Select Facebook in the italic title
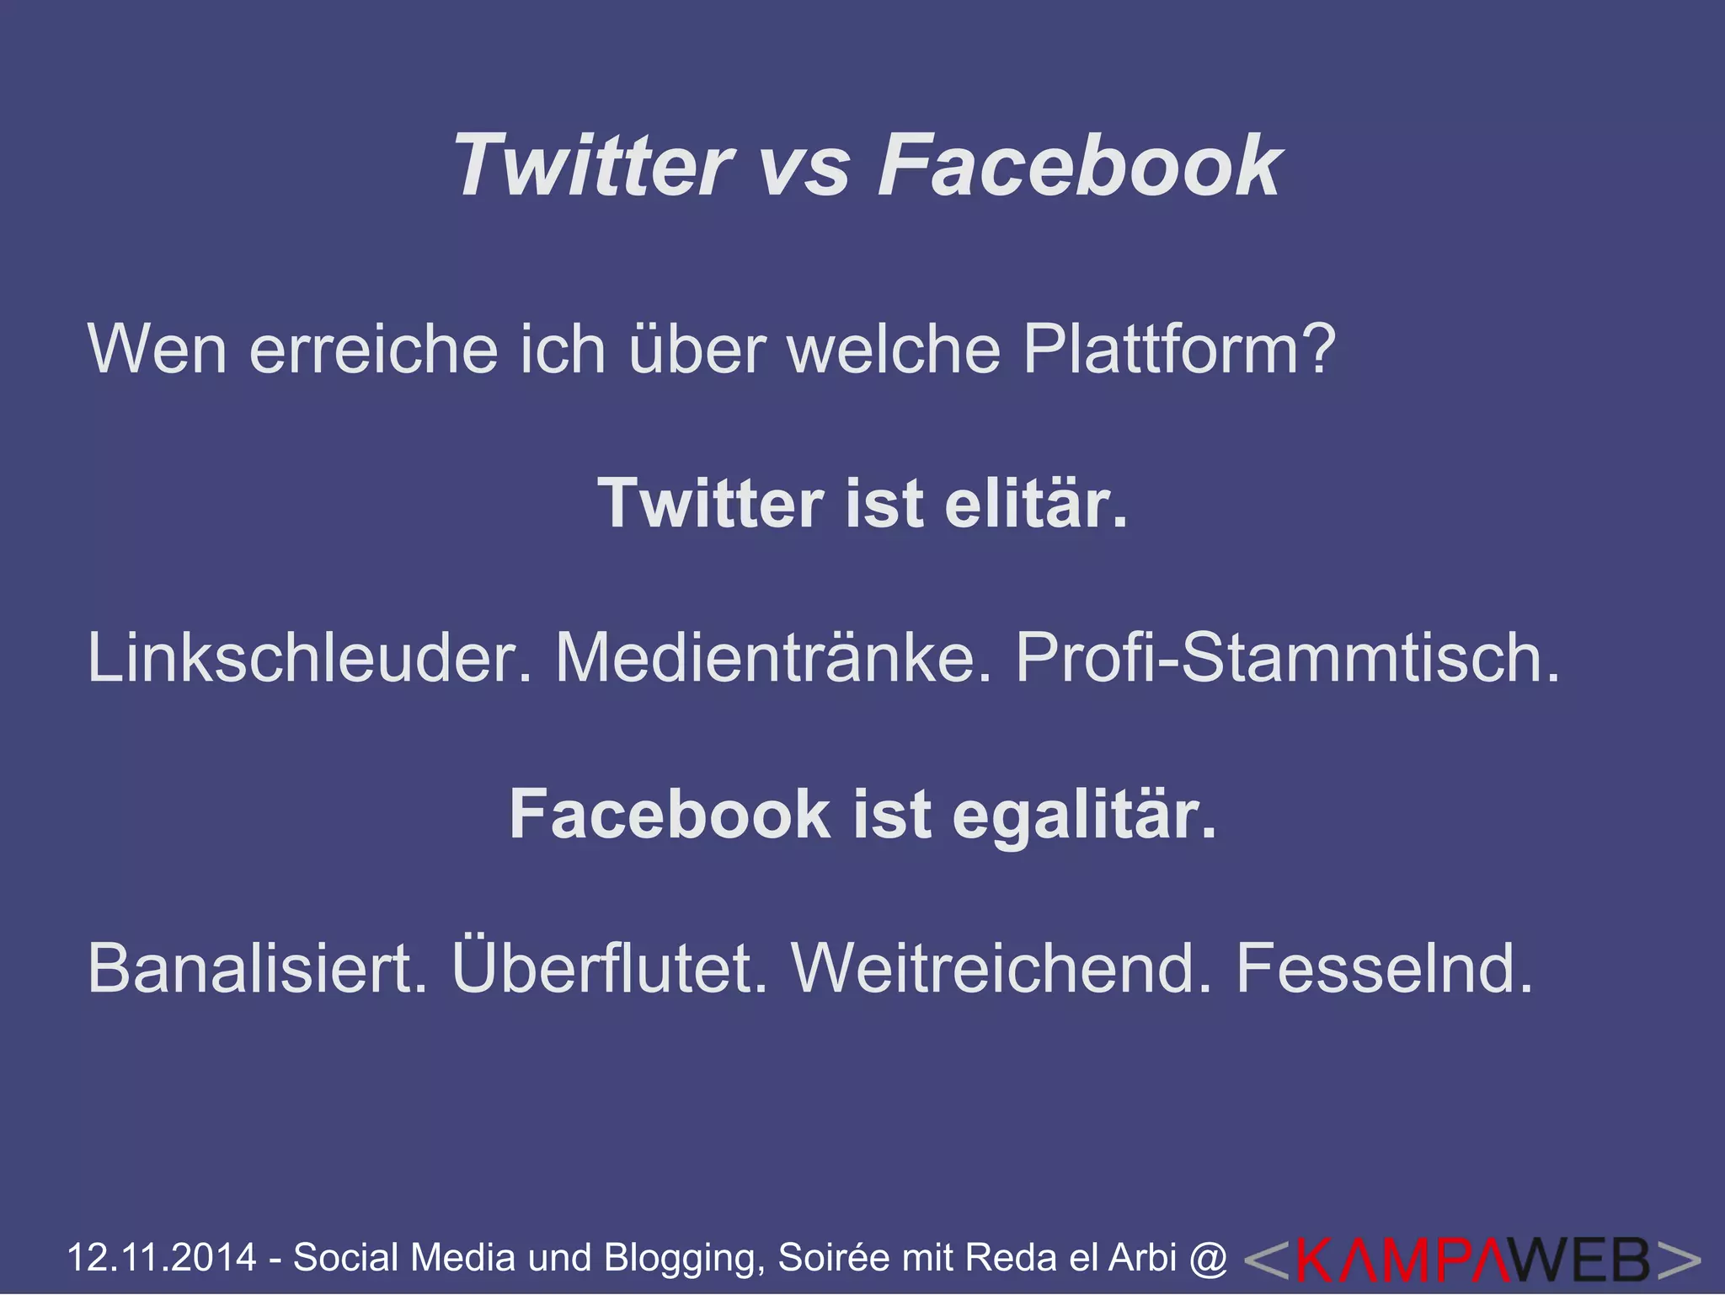[1080, 165]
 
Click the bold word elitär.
[1036, 503]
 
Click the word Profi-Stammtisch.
[1288, 657]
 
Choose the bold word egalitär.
[1085, 816]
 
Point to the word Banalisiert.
[257, 968]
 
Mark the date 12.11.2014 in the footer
[161, 1257]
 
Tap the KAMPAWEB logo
[1472, 1260]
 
